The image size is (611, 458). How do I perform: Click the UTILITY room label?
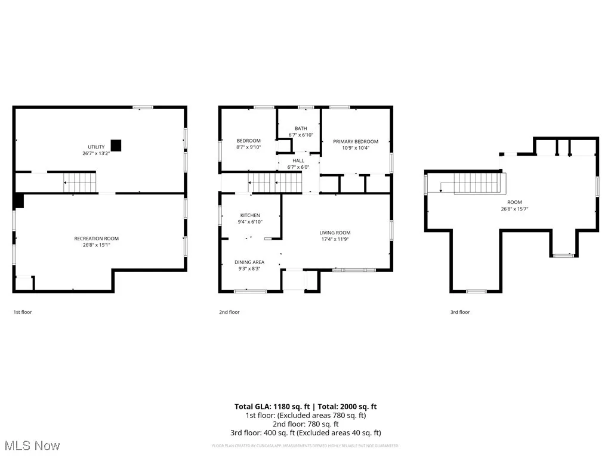[x=96, y=147]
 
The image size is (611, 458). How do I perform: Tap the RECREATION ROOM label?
[x=96, y=239]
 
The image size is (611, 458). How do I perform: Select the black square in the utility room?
[x=116, y=145]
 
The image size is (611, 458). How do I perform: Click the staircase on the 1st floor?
[x=80, y=182]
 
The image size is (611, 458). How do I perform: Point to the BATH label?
[x=300, y=128]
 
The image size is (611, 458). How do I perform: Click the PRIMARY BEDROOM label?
[x=356, y=141]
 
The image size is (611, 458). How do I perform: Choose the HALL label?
[x=298, y=160]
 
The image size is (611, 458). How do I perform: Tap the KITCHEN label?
[x=250, y=215]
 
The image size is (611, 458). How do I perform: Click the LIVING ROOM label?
[x=335, y=233]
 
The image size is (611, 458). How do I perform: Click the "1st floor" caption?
[x=23, y=312]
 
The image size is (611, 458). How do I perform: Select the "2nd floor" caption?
[x=229, y=312]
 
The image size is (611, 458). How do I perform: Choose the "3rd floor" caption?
[x=459, y=312]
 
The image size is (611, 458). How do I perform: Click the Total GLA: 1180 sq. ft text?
[x=269, y=407]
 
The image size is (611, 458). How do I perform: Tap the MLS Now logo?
[x=32, y=445]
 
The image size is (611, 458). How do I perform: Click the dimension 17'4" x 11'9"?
[x=335, y=239]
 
